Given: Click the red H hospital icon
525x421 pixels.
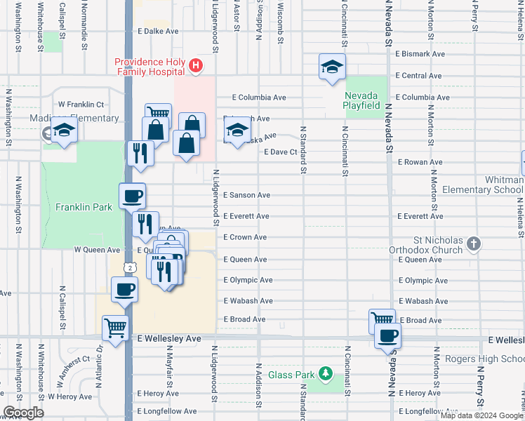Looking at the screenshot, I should (x=196, y=67).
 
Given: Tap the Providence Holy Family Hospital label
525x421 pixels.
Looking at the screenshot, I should (x=151, y=67).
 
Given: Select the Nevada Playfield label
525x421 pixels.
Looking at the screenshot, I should (x=362, y=100).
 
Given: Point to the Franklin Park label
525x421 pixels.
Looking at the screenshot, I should (x=84, y=208).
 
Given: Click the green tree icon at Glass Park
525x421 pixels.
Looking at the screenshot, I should (x=324, y=373).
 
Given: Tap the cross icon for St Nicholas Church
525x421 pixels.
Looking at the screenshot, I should (x=474, y=244).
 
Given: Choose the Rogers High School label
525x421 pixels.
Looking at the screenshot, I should (x=484, y=359).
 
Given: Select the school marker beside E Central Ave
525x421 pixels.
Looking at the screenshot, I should (x=333, y=67).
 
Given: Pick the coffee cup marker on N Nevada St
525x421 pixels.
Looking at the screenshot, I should (x=387, y=335).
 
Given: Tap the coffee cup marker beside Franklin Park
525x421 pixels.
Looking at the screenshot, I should (x=131, y=196).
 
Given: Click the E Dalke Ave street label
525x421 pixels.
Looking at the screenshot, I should (x=159, y=32).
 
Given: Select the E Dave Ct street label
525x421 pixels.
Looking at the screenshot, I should (x=280, y=152).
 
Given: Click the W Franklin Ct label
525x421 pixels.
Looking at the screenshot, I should (x=81, y=104).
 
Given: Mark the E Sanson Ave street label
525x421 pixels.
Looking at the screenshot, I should (x=246, y=195).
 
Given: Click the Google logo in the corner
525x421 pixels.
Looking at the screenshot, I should (x=23, y=413).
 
